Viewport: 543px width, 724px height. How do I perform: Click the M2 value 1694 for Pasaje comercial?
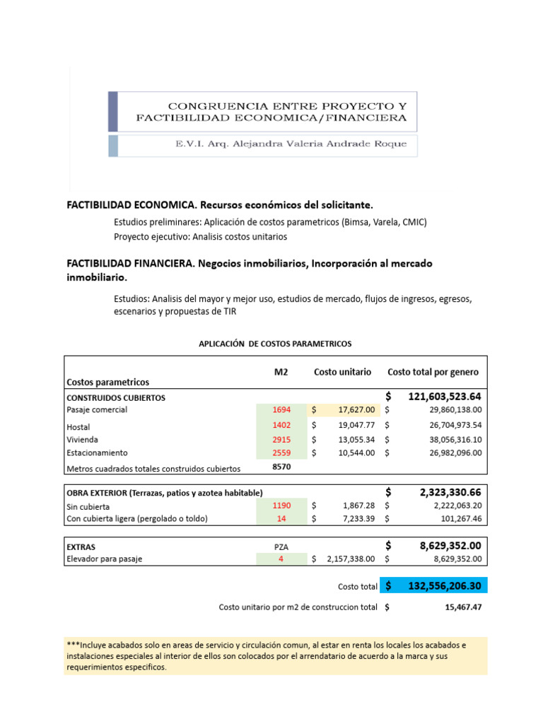[x=281, y=409]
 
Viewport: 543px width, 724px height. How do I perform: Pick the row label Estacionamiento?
[x=97, y=452]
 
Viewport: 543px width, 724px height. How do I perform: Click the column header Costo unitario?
[x=342, y=372]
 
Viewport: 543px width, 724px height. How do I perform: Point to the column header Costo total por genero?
[x=433, y=372]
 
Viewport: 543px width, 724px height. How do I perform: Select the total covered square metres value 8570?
[x=281, y=467]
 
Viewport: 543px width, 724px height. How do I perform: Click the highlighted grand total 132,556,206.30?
[x=445, y=587]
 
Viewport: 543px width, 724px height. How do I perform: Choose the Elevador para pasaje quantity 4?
[x=281, y=559]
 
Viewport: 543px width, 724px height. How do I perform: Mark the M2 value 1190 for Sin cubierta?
[x=281, y=506]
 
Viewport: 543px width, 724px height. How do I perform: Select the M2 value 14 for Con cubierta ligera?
[x=281, y=518]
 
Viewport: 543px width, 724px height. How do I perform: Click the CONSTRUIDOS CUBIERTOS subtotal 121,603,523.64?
[x=445, y=396]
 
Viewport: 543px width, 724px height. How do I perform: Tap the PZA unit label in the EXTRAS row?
[x=281, y=547]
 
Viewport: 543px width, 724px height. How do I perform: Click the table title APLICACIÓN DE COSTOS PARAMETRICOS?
[x=275, y=344]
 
